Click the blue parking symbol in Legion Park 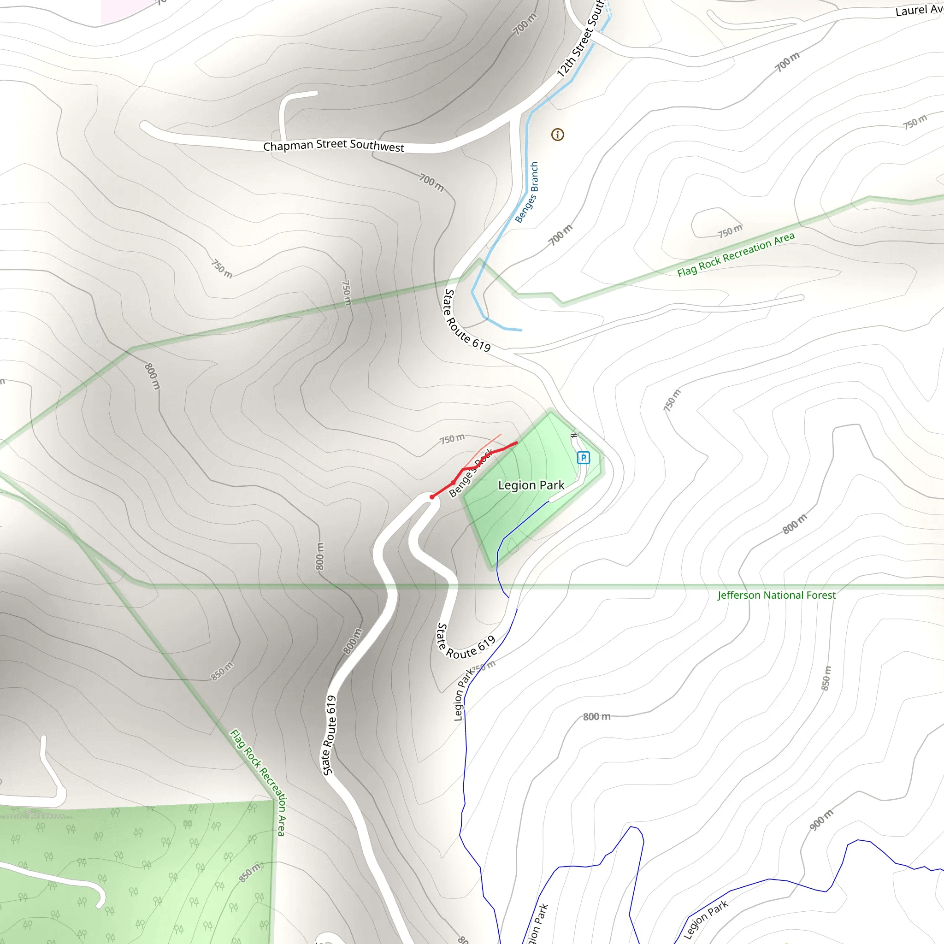tap(583, 458)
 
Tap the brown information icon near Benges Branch tap(558, 135)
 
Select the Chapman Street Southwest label tap(334, 146)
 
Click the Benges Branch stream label tap(527, 193)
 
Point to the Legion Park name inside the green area tap(531, 485)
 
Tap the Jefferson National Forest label tap(776, 595)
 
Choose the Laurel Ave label tap(919, 10)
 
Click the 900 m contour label tap(821, 820)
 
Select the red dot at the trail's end tap(432, 497)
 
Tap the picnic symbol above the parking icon tap(574, 435)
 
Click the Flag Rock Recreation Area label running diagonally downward tap(258, 782)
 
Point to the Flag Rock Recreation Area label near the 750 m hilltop tap(736, 254)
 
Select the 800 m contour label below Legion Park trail tap(596, 717)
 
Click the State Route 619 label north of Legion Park tap(466, 320)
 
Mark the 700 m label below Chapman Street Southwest tap(431, 183)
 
